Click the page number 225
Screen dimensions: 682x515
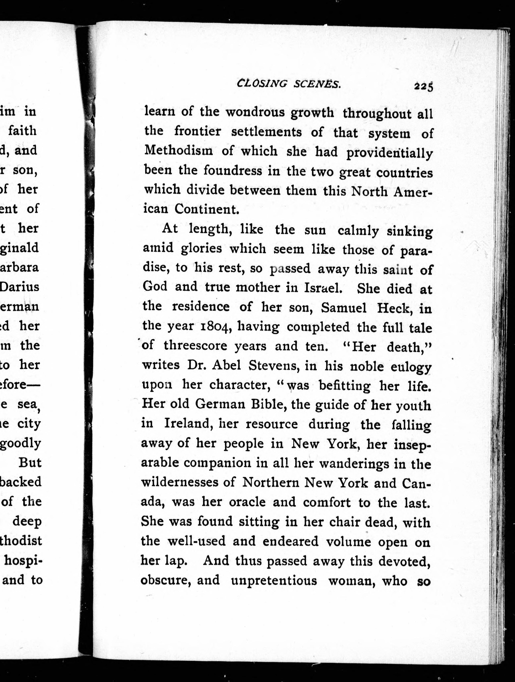(x=424, y=86)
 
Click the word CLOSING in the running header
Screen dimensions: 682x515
(x=262, y=84)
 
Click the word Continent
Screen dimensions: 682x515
(x=207, y=209)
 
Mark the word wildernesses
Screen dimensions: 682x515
(x=184, y=483)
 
